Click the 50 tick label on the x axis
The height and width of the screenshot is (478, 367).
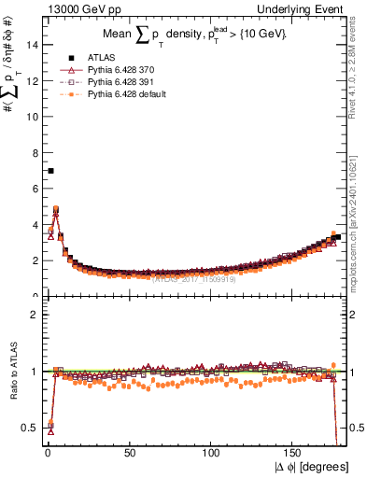(130, 453)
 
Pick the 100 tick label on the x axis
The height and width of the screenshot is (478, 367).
(213, 453)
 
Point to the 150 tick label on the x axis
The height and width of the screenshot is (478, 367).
(296, 453)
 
